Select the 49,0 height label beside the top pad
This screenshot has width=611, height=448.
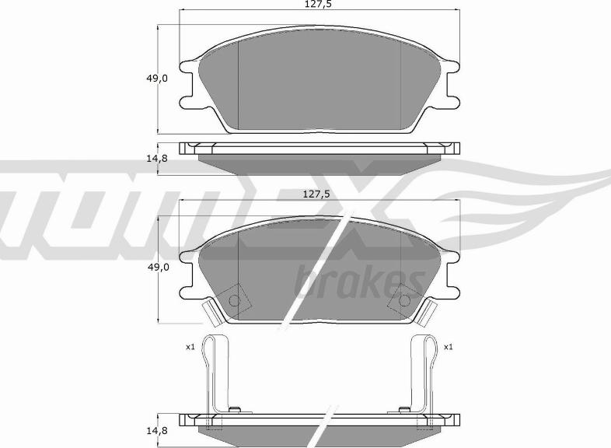tap(157, 78)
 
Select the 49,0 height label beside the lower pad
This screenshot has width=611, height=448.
tap(158, 267)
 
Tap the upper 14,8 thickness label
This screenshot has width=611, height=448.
tap(157, 159)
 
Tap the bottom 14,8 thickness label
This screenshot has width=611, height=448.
tap(158, 430)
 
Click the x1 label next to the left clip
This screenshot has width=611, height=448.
tap(190, 347)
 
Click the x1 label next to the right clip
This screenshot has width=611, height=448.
tap(449, 347)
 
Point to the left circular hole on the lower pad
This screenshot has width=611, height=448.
tap(235, 301)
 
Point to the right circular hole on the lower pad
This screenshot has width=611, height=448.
tap(404, 301)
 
